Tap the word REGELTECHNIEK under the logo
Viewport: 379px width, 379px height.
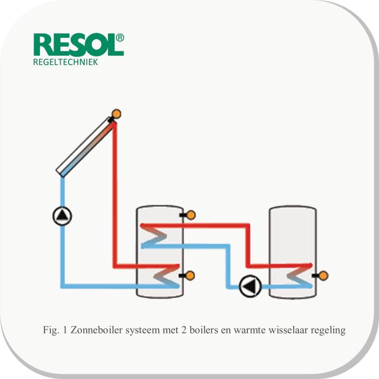pos(65,62)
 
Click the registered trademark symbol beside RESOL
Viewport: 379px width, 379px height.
pos(120,38)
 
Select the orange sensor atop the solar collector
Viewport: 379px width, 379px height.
pos(116,114)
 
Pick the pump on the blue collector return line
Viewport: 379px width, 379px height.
pos(63,216)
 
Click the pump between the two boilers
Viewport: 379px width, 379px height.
pos(251,287)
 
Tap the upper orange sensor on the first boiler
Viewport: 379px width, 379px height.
pos(191,215)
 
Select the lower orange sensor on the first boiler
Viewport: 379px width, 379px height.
pos(190,276)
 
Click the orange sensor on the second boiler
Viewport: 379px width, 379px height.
pos(324,276)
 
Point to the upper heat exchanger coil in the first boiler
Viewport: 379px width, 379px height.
pos(153,235)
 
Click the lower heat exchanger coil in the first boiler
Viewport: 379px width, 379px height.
pos(167,276)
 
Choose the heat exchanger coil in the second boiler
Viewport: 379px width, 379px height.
pos(300,276)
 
